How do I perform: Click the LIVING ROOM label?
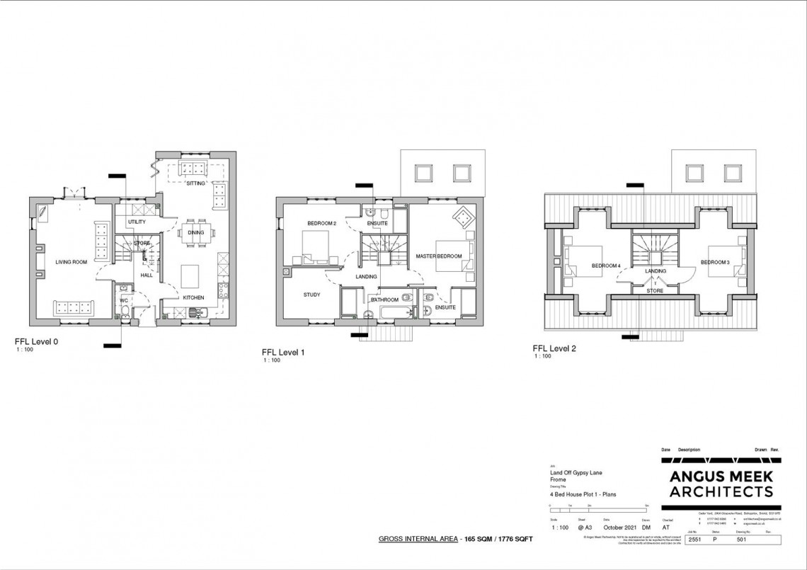coord(71,263)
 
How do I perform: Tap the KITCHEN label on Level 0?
coord(193,297)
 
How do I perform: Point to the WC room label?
coord(123,301)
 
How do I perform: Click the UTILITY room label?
coord(137,222)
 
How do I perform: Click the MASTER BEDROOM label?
coord(439,256)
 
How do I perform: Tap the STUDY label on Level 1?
coord(312,295)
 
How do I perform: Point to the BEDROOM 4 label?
coord(606,266)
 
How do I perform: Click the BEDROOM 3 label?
coord(714,263)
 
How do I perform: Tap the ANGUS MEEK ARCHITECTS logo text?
coord(721,484)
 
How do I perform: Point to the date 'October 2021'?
coord(619,528)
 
